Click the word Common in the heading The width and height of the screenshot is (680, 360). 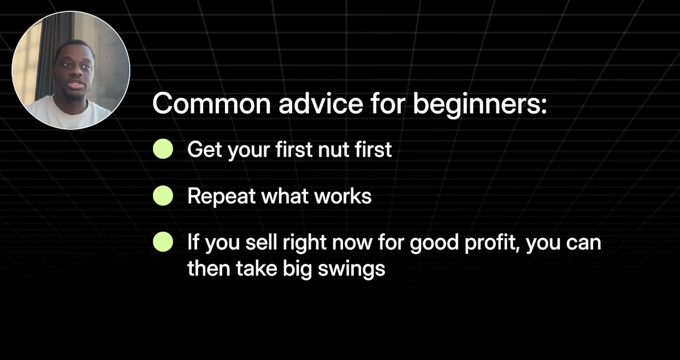[211, 104]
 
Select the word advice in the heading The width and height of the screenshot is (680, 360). [321, 103]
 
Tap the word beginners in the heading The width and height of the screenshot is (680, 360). [477, 105]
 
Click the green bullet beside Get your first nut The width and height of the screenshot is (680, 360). [163, 149]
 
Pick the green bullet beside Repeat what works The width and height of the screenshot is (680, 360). [163, 196]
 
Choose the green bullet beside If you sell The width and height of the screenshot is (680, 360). [163, 242]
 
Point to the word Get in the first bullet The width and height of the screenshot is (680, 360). [205, 149]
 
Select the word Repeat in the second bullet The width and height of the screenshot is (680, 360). [221, 196]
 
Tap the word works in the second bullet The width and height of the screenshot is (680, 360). [343, 196]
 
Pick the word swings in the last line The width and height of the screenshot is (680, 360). [352, 269]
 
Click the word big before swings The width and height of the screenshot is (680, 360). [297, 269]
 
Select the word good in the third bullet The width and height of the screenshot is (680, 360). [434, 244]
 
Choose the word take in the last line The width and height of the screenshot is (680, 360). [257, 268]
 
